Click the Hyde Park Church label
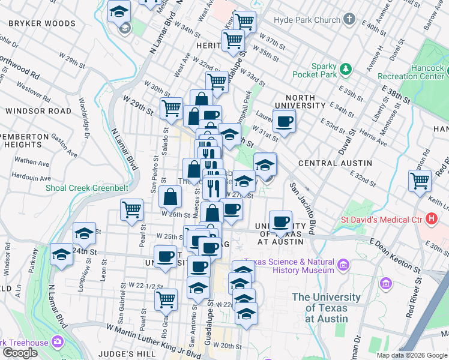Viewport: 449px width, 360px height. (x=307, y=20)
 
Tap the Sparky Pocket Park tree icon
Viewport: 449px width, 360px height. (x=346, y=70)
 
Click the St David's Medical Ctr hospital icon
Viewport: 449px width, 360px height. (x=430, y=218)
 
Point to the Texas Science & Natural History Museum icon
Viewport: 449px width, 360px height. (x=343, y=265)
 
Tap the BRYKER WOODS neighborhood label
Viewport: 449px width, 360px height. (x=42, y=24)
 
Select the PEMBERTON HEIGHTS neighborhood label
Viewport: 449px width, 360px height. (x=24, y=140)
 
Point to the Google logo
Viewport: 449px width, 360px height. (x=20, y=353)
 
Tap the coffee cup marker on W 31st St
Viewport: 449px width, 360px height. (x=284, y=122)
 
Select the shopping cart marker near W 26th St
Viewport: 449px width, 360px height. (x=131, y=209)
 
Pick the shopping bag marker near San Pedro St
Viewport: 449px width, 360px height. (x=171, y=196)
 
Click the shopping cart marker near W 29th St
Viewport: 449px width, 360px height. (x=171, y=108)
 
